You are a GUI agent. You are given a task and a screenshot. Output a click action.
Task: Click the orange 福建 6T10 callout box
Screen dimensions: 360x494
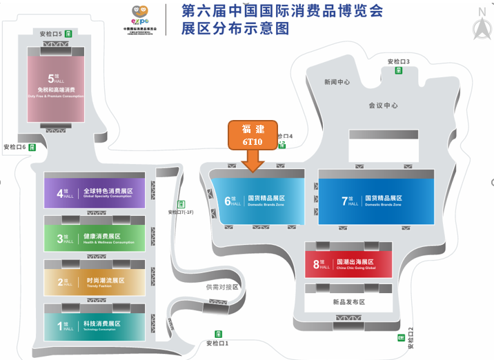coord(253,135)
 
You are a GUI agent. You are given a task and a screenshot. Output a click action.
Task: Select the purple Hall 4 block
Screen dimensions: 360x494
coord(95,192)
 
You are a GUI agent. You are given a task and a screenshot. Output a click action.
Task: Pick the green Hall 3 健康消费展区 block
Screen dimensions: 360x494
coord(95,237)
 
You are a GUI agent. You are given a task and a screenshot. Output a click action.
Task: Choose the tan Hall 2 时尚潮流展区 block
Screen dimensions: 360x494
coord(95,281)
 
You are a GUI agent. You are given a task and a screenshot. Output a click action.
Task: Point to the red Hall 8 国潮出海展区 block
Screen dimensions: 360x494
coord(348,264)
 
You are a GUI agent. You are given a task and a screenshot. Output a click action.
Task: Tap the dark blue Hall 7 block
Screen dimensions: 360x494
coord(376,201)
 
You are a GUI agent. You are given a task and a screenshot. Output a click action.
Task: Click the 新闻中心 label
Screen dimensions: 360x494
coord(337,82)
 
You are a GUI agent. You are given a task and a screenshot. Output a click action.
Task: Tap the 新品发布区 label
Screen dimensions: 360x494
coord(348,302)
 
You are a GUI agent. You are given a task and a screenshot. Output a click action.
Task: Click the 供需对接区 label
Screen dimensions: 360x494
coord(222,287)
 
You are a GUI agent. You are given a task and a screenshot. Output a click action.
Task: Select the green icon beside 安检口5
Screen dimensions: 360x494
coord(69,33)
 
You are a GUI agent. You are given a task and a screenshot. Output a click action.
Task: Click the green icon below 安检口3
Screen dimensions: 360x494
coord(398,70)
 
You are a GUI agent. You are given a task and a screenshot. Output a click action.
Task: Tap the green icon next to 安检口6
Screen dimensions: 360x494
coord(32,147)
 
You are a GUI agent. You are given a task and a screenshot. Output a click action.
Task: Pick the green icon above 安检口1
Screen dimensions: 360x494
coord(218,334)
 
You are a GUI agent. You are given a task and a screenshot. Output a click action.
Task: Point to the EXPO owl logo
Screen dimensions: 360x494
coord(141,14)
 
